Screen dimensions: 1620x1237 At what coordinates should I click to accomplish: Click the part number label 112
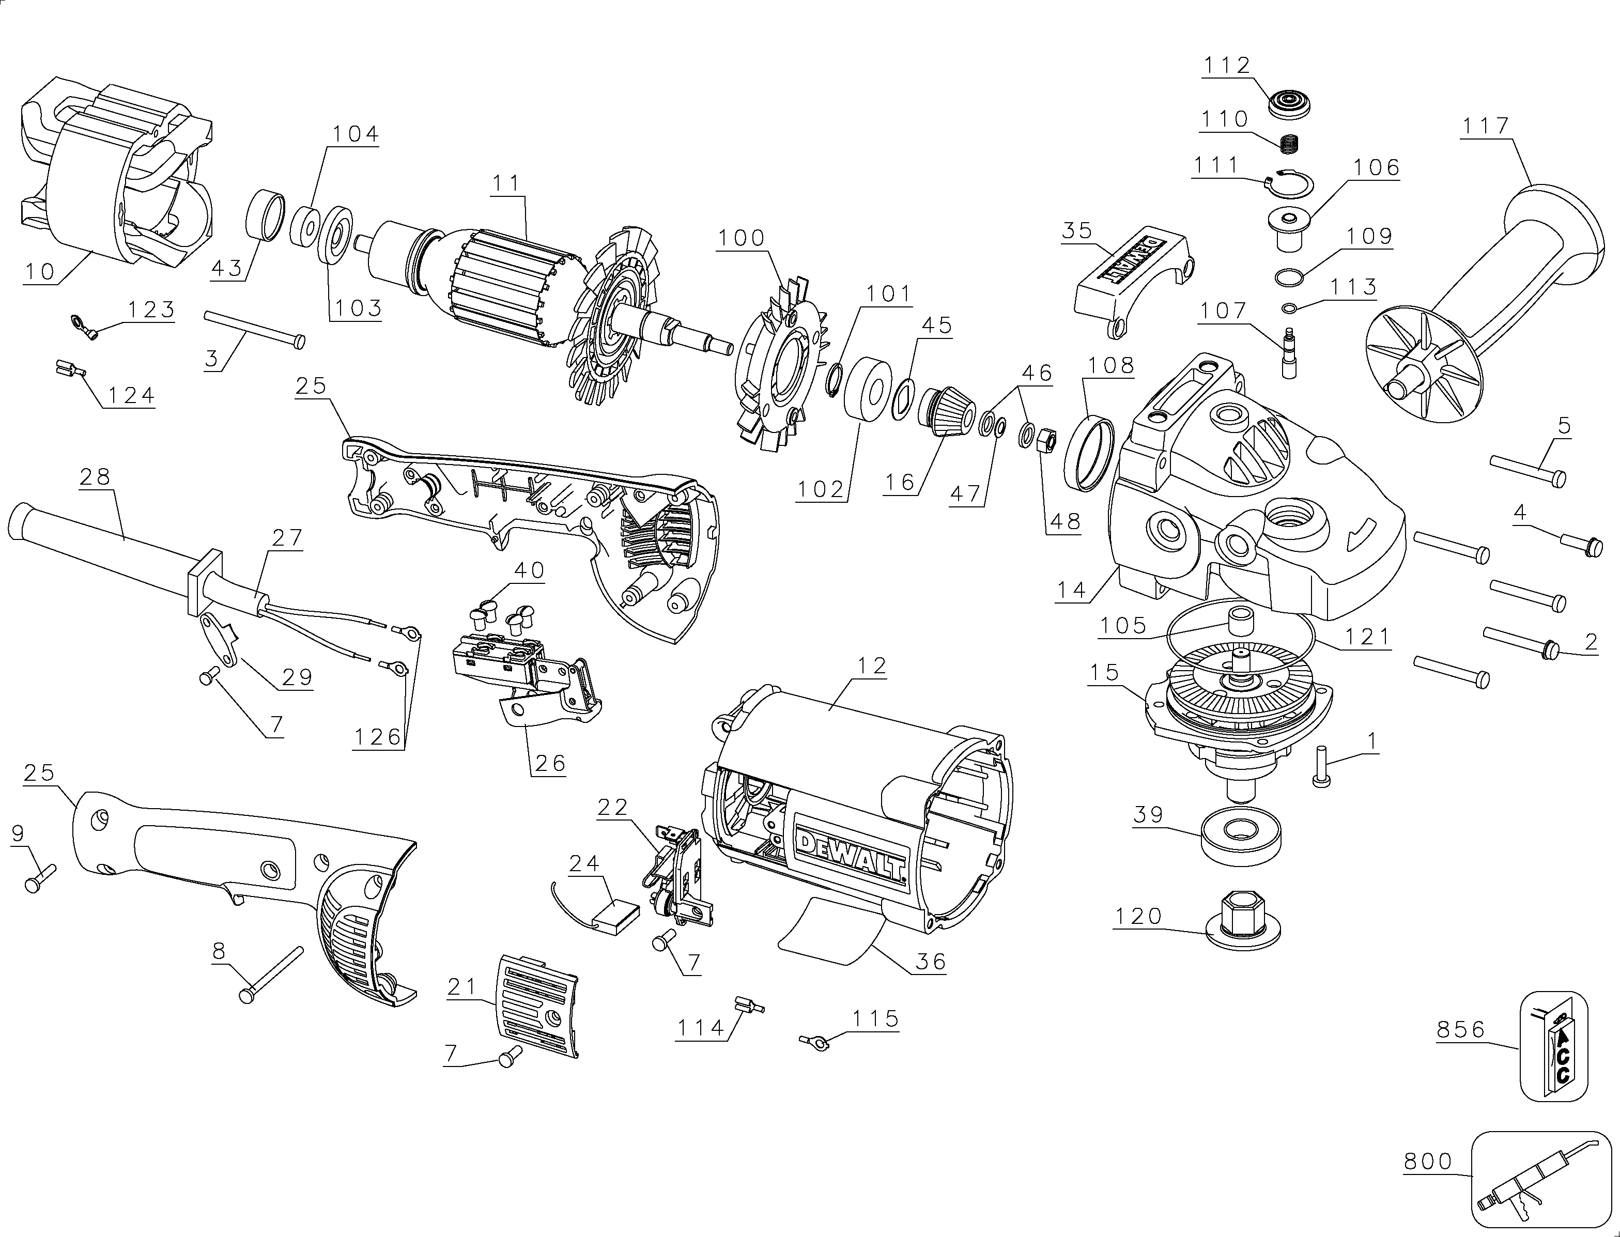click(x=1227, y=66)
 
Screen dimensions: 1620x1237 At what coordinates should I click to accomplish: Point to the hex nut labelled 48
click(x=1046, y=440)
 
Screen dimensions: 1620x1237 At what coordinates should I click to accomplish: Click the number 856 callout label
click(x=1461, y=1029)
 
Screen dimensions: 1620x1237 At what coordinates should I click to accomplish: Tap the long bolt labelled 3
click(x=255, y=329)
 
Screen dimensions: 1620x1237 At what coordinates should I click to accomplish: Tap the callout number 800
click(x=1428, y=1162)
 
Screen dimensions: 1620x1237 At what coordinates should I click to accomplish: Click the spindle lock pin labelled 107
click(x=1289, y=353)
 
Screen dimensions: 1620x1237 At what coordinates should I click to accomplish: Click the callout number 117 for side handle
click(x=1486, y=126)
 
